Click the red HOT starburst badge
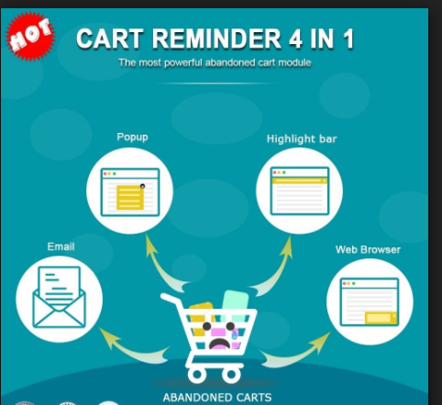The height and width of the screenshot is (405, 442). tap(30, 36)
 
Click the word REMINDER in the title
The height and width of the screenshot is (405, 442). tap(216, 38)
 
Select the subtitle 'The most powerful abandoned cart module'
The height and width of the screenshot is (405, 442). tap(215, 62)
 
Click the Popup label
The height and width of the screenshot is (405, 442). tap(132, 137)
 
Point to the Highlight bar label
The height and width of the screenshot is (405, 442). tap(302, 139)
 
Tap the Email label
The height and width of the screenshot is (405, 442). tap(61, 246)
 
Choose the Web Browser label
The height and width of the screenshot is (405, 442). tap(368, 249)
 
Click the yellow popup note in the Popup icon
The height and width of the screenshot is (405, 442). tap(130, 197)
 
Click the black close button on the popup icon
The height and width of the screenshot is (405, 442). tap(142, 186)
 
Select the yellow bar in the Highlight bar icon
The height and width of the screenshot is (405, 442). tap(300, 181)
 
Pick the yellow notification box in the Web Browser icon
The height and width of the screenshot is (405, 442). tap(381, 318)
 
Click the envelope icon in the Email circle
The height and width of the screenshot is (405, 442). tap(59, 297)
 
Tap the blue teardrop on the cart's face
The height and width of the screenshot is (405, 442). tap(235, 334)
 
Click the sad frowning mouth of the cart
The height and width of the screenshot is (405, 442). tap(219, 344)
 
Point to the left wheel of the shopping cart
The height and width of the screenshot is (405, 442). tap(196, 374)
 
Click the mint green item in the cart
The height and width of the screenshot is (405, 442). tap(235, 305)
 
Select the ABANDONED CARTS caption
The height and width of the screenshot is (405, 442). tap(217, 398)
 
